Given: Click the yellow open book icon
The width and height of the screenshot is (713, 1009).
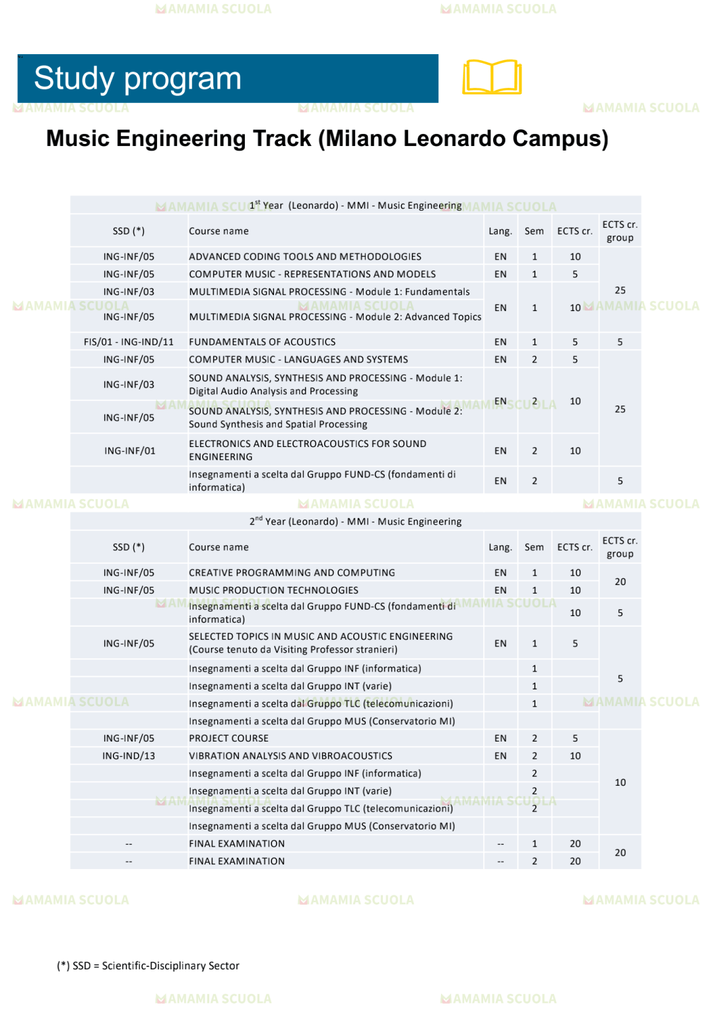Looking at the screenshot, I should coord(492,77).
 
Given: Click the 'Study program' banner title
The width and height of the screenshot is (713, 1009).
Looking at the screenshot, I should coord(138,79).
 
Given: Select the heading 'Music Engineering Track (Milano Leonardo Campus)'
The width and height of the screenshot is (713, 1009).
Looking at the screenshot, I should coord(327,139).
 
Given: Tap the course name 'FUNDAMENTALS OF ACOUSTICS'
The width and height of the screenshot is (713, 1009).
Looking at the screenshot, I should coord(262,342).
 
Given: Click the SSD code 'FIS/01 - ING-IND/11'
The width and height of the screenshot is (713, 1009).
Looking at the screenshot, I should coord(129,342).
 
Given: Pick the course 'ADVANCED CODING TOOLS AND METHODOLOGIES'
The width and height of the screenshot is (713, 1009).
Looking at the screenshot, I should coord(305,257).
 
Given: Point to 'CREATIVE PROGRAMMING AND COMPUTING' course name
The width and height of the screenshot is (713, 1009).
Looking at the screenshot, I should coord(292,573).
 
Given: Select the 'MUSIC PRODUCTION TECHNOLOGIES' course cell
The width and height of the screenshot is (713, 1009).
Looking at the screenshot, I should coord(273,590).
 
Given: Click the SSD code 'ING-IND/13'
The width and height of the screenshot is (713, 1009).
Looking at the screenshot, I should coord(129,756).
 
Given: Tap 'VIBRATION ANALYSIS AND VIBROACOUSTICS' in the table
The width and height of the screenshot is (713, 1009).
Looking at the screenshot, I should coord(290,756).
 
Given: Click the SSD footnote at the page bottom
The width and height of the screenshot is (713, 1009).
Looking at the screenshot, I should coord(149,965).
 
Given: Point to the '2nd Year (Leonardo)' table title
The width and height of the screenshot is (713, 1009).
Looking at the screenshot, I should coord(355,522).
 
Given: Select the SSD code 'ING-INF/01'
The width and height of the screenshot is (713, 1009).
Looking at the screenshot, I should coord(129,451).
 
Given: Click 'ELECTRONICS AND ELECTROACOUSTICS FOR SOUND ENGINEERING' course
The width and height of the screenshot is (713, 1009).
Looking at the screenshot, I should coord(307,450).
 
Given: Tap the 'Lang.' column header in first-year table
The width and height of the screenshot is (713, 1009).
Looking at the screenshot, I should coord(500,231).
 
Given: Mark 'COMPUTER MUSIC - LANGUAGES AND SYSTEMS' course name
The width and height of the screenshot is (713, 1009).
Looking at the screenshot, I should coord(298,360).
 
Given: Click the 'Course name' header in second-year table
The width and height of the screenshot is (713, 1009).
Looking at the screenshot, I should coord(219,547).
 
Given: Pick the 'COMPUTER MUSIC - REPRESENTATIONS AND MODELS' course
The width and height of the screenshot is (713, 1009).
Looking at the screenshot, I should coord(312,274).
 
